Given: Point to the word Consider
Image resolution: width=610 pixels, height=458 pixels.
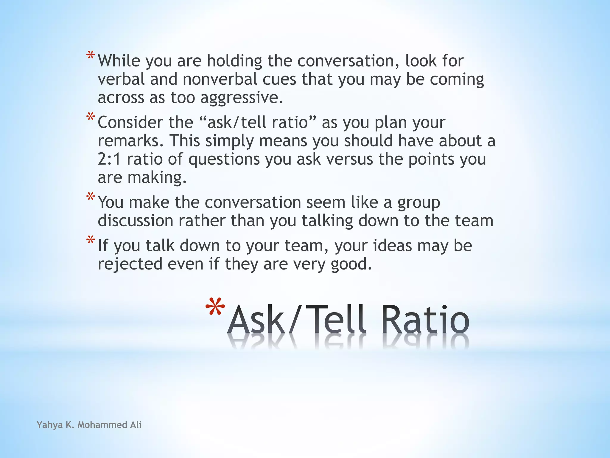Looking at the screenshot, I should pos(130,123).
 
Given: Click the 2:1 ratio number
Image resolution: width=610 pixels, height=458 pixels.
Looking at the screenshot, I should pos(109,159).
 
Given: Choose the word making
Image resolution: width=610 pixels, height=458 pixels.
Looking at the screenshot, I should pos(157,178).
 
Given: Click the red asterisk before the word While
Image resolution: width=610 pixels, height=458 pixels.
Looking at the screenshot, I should pos(91,56).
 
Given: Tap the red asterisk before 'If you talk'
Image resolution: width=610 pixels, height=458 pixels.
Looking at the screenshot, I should pos(91,240).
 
